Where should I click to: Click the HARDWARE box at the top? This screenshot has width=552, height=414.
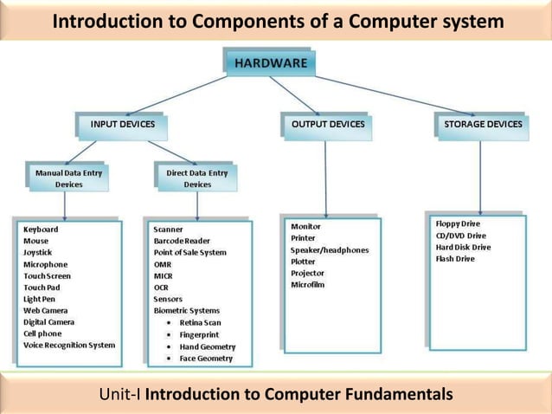click(269, 63)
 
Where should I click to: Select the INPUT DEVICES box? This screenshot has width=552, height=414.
click(122, 124)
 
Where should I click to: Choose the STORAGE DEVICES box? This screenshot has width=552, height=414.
click(482, 124)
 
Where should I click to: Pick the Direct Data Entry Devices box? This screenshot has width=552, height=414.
click(197, 178)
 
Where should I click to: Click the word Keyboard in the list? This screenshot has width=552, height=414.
click(42, 230)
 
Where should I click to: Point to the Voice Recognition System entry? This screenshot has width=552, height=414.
click(69, 345)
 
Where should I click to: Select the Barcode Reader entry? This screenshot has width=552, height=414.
click(182, 241)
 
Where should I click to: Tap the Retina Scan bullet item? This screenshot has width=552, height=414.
click(202, 322)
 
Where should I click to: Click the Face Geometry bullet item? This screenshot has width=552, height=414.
click(206, 358)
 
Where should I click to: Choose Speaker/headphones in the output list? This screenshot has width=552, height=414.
click(330, 249)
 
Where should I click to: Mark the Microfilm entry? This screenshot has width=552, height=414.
click(308, 284)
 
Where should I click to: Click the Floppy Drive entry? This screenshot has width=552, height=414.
click(458, 223)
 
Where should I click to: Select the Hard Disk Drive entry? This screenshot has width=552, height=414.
click(463, 247)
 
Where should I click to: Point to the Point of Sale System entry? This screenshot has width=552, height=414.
click(190, 252)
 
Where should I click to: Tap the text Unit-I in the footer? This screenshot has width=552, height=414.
click(120, 395)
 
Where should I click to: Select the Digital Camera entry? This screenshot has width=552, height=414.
click(49, 321)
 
